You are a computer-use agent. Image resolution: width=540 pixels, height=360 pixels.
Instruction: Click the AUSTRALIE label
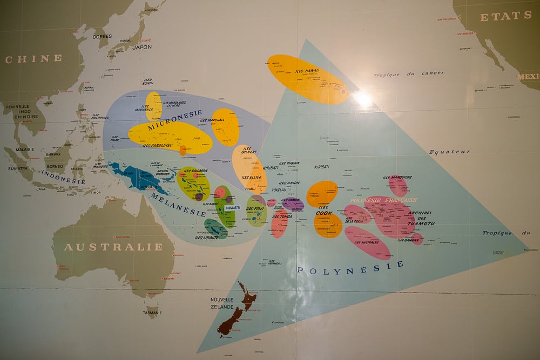click(x=113, y=247)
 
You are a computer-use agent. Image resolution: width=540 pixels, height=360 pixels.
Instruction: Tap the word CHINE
click(x=33, y=58)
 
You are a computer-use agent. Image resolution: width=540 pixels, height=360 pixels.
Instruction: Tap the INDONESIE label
click(x=64, y=178)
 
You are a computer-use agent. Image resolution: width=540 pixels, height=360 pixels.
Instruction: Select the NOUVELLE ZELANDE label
click(x=222, y=303)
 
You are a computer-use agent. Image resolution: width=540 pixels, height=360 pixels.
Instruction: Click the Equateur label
click(x=450, y=152)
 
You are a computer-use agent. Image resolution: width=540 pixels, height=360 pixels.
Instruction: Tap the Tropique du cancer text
click(x=409, y=74)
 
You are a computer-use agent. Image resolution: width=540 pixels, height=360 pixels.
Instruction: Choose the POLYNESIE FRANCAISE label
click(x=383, y=200)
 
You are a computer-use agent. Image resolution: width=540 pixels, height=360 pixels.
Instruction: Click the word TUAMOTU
click(x=421, y=223)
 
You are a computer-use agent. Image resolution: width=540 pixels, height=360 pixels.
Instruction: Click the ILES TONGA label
click(x=282, y=216)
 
